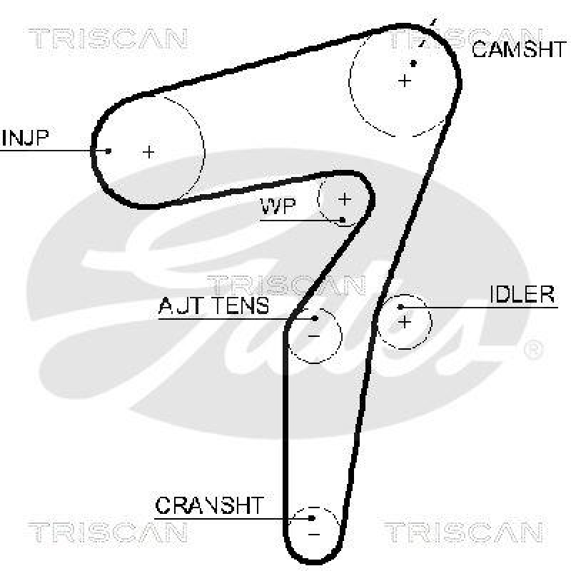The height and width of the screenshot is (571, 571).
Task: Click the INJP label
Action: (x=25, y=137)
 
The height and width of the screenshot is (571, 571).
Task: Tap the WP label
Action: (x=278, y=207)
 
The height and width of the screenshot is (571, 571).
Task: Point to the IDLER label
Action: (x=522, y=294)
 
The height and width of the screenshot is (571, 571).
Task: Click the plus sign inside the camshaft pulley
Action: (x=405, y=81)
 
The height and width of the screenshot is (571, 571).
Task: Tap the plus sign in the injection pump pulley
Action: (x=148, y=151)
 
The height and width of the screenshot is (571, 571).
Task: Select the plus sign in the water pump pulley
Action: (x=345, y=198)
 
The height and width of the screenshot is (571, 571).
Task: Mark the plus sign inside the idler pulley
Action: (x=405, y=322)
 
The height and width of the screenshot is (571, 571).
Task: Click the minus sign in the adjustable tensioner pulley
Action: (x=313, y=334)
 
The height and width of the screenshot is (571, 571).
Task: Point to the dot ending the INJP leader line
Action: (x=108, y=151)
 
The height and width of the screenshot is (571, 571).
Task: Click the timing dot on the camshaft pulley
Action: (x=413, y=64)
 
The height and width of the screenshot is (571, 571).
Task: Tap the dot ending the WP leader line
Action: (x=343, y=219)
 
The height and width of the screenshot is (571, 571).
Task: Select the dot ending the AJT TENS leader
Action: (x=315, y=318)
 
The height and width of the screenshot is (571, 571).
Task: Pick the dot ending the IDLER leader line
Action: (x=403, y=307)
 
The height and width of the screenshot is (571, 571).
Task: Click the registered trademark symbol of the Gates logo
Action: (x=533, y=349)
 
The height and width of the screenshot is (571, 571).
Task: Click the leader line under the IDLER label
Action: (x=485, y=307)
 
